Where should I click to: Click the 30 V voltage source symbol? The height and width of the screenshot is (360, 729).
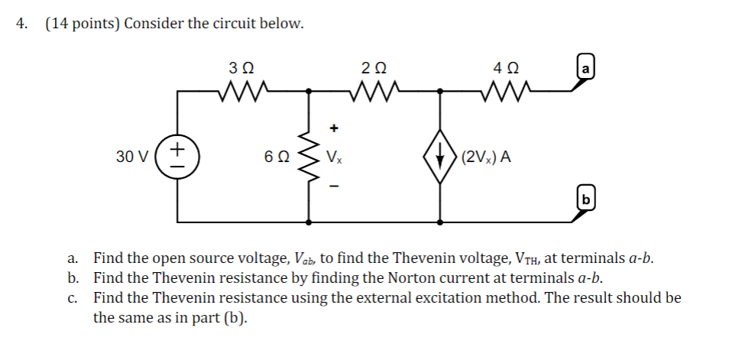coord(179,157)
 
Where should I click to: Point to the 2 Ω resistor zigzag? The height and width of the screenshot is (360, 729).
coord(374,92)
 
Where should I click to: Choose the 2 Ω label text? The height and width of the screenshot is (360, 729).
coord(374,68)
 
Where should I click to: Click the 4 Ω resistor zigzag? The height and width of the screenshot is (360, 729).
coord(505,92)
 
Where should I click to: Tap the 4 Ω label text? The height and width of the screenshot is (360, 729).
coord(505,68)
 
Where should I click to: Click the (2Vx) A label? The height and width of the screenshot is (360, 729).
coord(486,157)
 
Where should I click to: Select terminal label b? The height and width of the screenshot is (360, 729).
coord(585,201)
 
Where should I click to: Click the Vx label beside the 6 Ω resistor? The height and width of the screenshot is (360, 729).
coord(334,157)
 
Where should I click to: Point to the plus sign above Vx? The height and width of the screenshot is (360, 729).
coord(333,128)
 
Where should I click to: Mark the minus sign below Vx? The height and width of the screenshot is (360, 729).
coord(333,186)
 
